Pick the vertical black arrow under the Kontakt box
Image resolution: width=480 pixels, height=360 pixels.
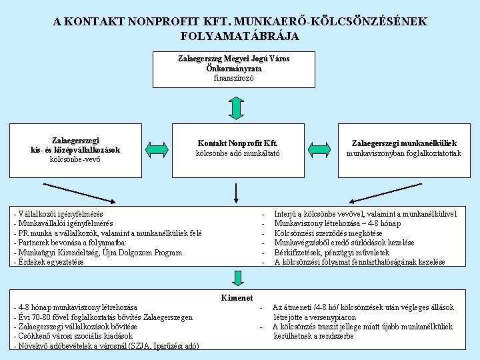[x=237, y=192]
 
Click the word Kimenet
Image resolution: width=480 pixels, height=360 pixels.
[x=237, y=297]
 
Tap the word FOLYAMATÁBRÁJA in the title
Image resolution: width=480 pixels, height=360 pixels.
[x=239, y=35]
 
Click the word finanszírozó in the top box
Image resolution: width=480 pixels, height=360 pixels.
[x=238, y=78]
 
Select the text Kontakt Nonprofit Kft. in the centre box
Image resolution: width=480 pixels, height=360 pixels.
[x=237, y=143]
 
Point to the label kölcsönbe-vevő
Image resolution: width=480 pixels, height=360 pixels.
[x=75, y=159]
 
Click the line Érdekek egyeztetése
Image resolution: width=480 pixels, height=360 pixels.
[x=51, y=262]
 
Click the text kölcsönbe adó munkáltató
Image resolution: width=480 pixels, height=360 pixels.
[x=237, y=153]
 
